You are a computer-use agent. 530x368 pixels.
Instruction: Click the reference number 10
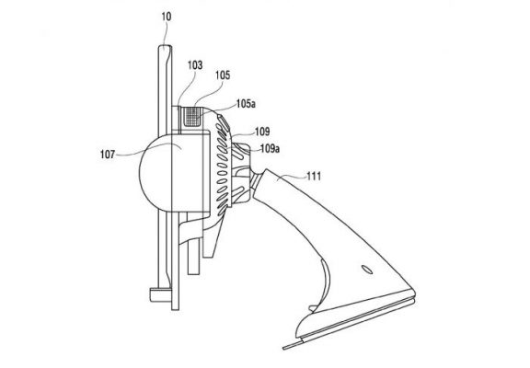click(167, 17)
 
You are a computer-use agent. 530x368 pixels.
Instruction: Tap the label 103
click(195, 65)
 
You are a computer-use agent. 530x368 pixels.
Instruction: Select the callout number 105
click(223, 75)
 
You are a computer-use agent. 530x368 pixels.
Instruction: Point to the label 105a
click(246, 104)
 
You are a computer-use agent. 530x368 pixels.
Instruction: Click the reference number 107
click(108, 155)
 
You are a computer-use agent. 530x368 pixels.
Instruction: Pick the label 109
click(262, 132)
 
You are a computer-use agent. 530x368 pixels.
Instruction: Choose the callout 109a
click(270, 148)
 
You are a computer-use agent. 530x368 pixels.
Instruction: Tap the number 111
click(314, 176)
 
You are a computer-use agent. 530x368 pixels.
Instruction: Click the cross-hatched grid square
click(193, 116)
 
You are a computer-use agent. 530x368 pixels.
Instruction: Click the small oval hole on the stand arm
click(367, 270)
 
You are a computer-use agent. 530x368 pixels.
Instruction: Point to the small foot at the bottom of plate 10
click(160, 294)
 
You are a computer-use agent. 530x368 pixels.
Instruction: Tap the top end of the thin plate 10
click(166, 47)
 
